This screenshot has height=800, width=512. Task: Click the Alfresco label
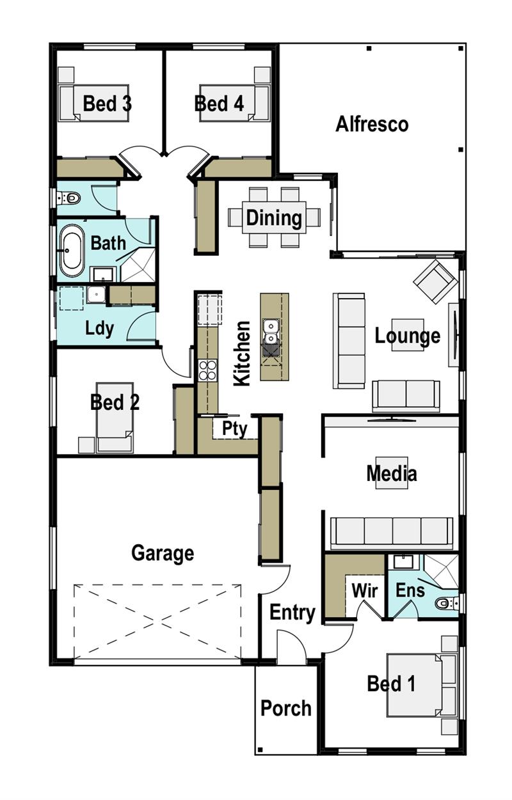(372, 124)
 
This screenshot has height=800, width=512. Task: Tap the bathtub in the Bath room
(72, 250)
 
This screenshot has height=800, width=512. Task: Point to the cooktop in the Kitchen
(207, 370)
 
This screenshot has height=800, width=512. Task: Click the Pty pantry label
(234, 428)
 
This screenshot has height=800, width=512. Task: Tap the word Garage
(163, 553)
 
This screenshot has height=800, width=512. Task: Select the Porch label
(286, 709)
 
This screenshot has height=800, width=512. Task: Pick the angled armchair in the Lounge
(435, 281)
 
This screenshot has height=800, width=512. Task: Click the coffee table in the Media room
(392, 473)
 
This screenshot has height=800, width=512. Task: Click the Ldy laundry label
(100, 329)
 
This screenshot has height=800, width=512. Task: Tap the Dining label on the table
(274, 218)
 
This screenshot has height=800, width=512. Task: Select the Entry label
(292, 613)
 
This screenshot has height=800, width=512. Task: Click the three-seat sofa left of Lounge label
(349, 340)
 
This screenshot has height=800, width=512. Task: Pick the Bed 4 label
(220, 104)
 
